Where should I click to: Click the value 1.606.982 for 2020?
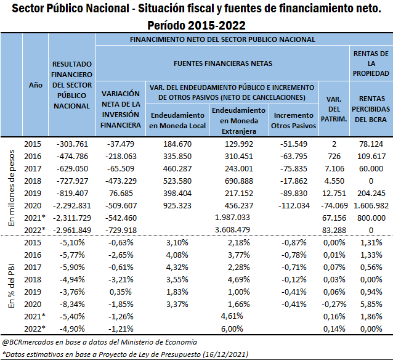coord(371,206)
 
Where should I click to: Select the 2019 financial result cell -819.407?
coord(73,194)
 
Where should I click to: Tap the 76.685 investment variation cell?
coord(121,194)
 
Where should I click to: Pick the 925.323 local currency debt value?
coord(177,206)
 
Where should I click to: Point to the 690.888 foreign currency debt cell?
coord(239,181)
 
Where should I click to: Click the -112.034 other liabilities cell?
coord(294,206)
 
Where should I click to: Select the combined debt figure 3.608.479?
coord(232,230)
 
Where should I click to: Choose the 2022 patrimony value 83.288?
coord(334,231)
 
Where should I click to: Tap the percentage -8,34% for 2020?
coord(72,305)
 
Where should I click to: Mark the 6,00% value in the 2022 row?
coord(232,329)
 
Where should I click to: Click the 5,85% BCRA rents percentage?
coord(371,305)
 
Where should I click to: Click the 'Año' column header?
coord(35,85)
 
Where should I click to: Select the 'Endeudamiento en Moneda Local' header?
coord(177,120)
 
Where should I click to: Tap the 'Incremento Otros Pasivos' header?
coord(293,120)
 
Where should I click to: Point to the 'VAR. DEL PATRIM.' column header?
coord(334,109)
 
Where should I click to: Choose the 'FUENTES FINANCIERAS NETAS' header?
coord(223,63)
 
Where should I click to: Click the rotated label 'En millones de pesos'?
coord(12,187)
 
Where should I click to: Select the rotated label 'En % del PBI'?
coord(12,286)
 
